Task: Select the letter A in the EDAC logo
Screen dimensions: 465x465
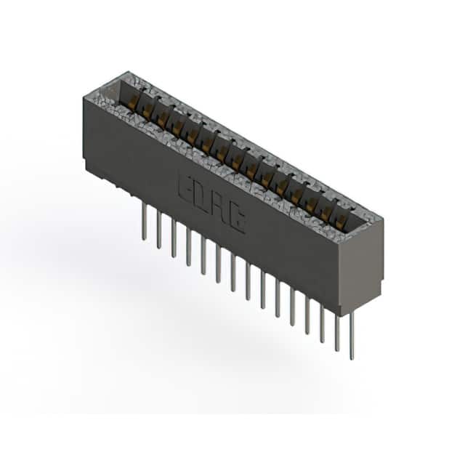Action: [x=219, y=208]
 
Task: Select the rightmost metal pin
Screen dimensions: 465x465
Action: [x=352, y=334]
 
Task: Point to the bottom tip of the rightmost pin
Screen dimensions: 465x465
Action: [x=352, y=358]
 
